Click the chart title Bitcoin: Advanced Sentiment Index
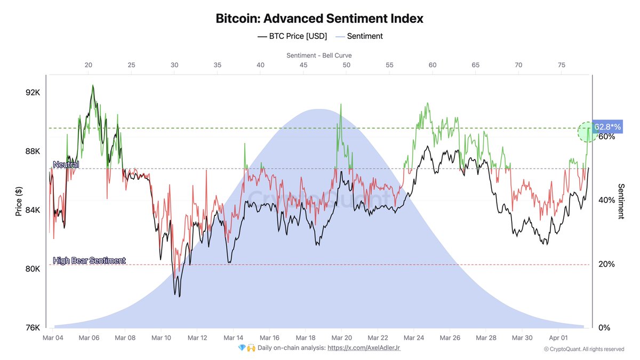click(x=319, y=18)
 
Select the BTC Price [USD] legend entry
click(x=292, y=36)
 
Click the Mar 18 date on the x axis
click(x=306, y=338)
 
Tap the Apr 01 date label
click(x=558, y=338)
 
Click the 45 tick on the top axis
click(x=303, y=65)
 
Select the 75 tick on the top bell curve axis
click(x=562, y=65)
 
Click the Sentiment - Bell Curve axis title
click(x=319, y=55)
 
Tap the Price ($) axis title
click(x=19, y=201)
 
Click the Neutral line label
click(x=66, y=165)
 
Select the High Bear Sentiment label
click(x=89, y=260)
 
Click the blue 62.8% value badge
click(x=608, y=127)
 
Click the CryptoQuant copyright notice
click(x=584, y=349)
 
